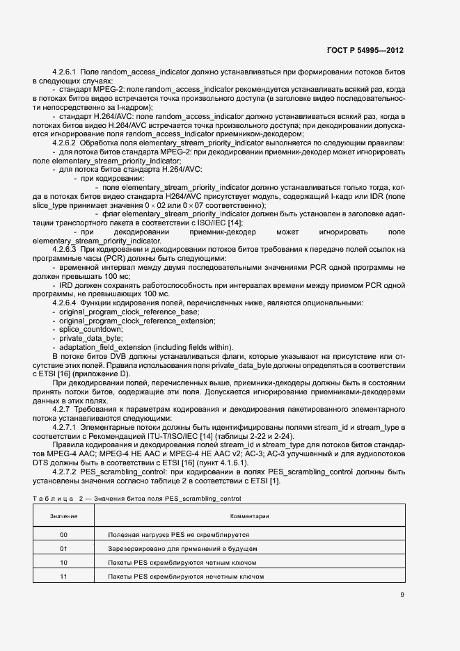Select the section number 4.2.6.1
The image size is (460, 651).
pyautogui.click(x=66, y=72)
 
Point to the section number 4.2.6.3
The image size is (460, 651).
pyautogui.click(x=66, y=248)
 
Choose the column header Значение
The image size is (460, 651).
pyautogui.click(x=64, y=517)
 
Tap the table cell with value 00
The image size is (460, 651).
pyautogui.click(x=64, y=535)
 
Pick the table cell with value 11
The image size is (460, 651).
pyautogui.click(x=64, y=577)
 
